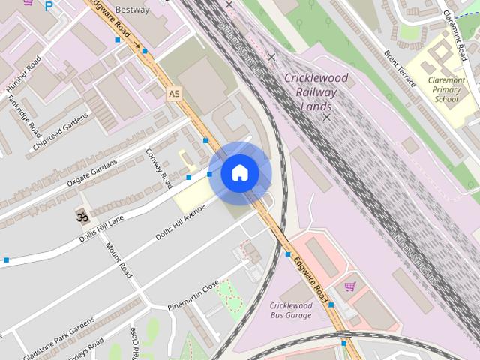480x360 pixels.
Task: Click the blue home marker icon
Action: point(239,173)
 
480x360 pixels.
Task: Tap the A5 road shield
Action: point(174,94)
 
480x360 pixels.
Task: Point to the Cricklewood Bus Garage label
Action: point(291,310)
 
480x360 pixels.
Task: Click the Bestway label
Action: point(133,10)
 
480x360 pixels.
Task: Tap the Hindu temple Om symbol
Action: point(80,216)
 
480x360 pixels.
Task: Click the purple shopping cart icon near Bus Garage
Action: point(349,286)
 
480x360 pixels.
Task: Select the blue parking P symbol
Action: point(49,6)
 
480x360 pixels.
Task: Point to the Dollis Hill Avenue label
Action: point(179,223)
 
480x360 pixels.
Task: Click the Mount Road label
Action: point(118,259)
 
